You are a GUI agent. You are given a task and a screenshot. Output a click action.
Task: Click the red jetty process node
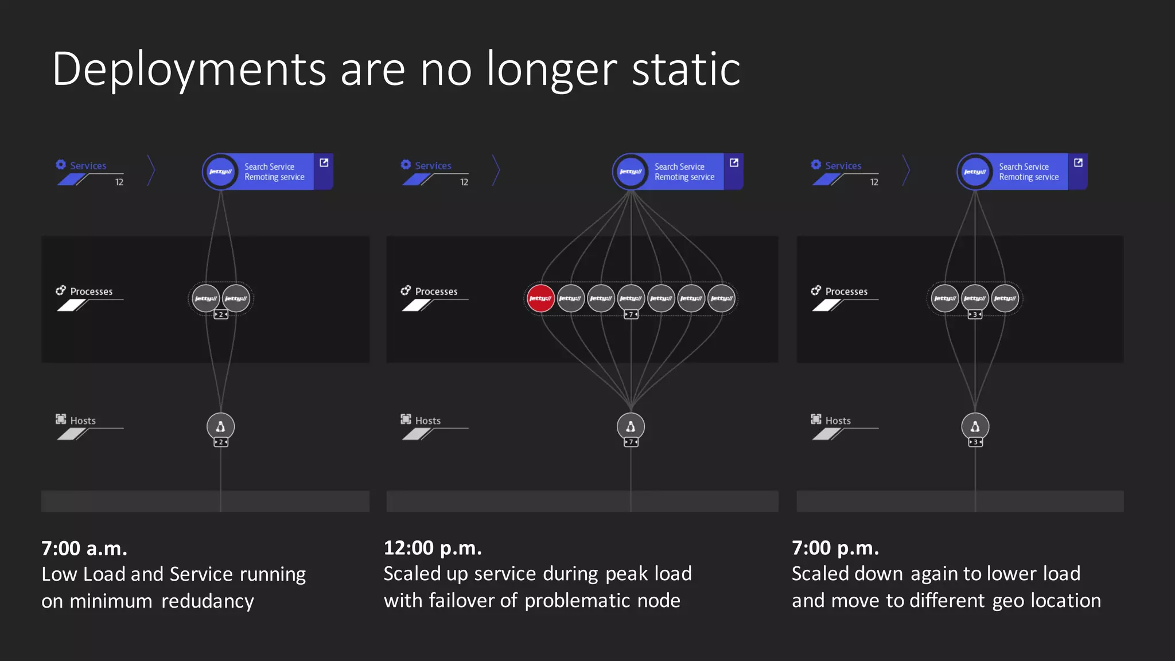tap(540, 298)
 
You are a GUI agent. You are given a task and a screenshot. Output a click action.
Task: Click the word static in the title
tap(686, 69)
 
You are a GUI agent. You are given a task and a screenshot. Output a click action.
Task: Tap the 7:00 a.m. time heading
tap(84, 549)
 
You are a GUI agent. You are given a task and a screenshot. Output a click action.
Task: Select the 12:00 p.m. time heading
tap(433, 548)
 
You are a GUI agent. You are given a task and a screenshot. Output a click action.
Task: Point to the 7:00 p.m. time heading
tap(835, 548)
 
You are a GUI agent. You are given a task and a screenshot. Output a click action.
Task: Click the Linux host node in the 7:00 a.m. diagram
tap(221, 426)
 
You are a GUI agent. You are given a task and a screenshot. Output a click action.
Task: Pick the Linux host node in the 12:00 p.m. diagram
tap(631, 426)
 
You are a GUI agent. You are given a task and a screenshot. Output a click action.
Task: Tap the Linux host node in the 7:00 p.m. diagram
tap(975, 426)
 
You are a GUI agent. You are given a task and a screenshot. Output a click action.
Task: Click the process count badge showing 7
tap(631, 314)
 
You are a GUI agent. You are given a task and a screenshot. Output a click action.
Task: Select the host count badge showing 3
tap(975, 442)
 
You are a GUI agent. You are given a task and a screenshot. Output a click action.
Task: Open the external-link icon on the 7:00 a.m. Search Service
tap(324, 163)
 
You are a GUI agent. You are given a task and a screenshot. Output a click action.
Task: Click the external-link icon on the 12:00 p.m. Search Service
tap(734, 163)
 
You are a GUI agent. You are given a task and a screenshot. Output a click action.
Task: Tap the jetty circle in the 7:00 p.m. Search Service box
tap(975, 172)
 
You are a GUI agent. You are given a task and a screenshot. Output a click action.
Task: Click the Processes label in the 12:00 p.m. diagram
tap(436, 291)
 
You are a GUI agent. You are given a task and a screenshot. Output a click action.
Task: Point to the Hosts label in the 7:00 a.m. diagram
tap(83, 421)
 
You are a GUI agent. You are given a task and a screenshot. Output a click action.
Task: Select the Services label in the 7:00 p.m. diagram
tap(843, 166)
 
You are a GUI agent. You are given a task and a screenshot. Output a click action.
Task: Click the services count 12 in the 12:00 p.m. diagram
tap(464, 182)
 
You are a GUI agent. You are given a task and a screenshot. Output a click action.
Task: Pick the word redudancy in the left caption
tap(208, 601)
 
